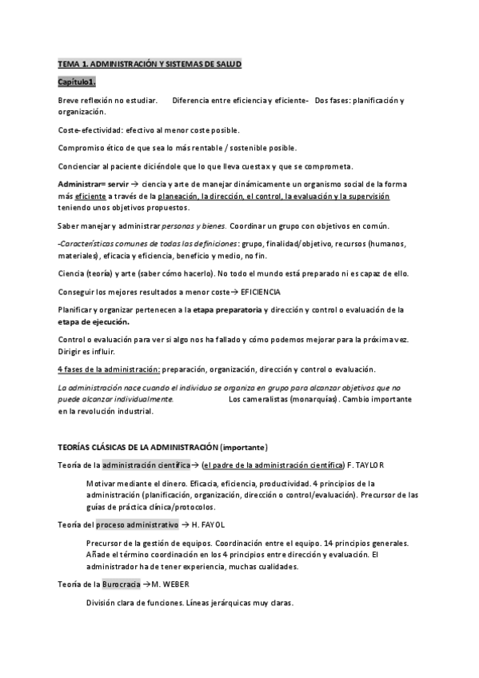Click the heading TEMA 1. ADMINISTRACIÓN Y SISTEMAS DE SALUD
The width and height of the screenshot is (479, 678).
coord(150,63)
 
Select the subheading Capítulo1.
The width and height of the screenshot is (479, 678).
coord(77,82)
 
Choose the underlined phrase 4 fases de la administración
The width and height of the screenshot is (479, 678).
coord(109,369)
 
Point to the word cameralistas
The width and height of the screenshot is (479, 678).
coord(270,398)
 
